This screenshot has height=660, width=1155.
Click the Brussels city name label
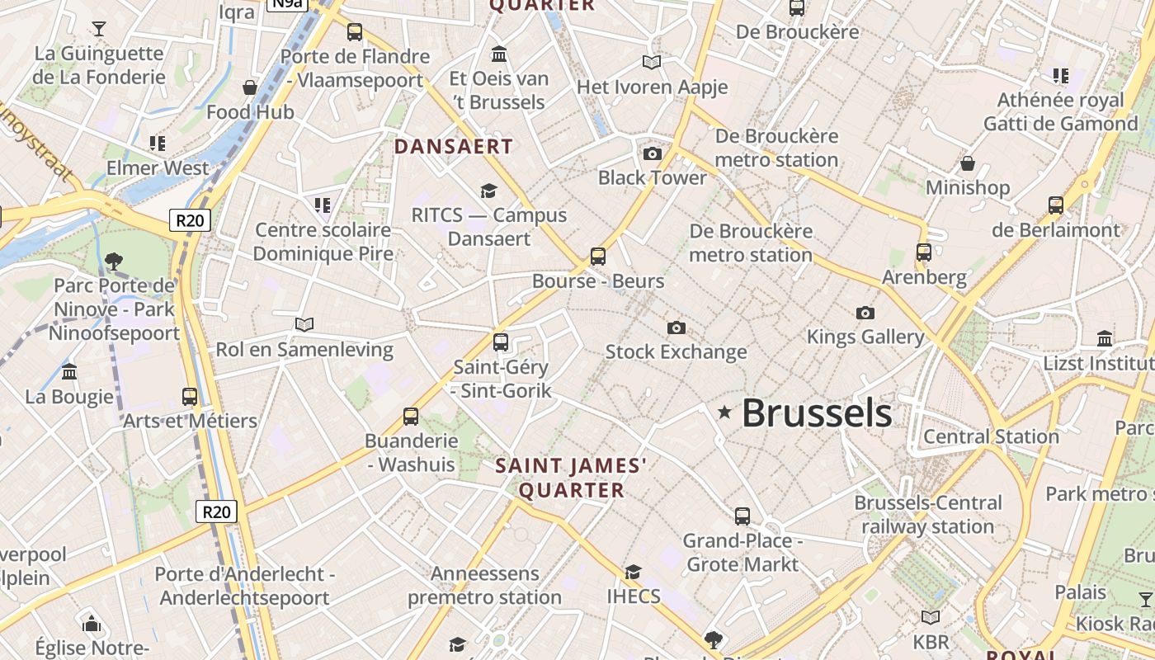pos(817,412)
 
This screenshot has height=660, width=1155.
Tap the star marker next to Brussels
pos(725,412)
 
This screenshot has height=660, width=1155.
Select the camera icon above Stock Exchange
pos(676,328)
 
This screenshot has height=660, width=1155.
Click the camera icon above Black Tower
pos(653,153)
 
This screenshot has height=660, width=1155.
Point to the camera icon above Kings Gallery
pos(865,313)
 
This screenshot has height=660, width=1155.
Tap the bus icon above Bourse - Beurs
pos(598,257)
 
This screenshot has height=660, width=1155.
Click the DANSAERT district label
pos(454,147)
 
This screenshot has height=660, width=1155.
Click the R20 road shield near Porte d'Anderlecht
pos(217,511)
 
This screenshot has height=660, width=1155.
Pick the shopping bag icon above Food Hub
pos(250,87)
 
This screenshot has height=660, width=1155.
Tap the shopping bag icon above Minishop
pos(968,163)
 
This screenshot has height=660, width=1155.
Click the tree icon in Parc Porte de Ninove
pos(113,262)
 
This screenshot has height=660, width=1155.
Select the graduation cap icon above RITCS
pos(488,191)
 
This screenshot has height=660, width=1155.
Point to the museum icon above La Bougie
pos(69,372)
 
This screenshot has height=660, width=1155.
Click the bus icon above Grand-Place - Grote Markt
pos(742,516)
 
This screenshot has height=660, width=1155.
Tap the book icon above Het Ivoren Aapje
pos(652,62)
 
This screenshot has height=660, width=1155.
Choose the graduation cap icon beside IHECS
pos(633,572)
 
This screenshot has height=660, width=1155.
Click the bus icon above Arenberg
pos(924,252)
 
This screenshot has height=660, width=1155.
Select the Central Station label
pos(991,436)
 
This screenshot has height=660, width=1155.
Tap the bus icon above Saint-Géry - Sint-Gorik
pos(501,342)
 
